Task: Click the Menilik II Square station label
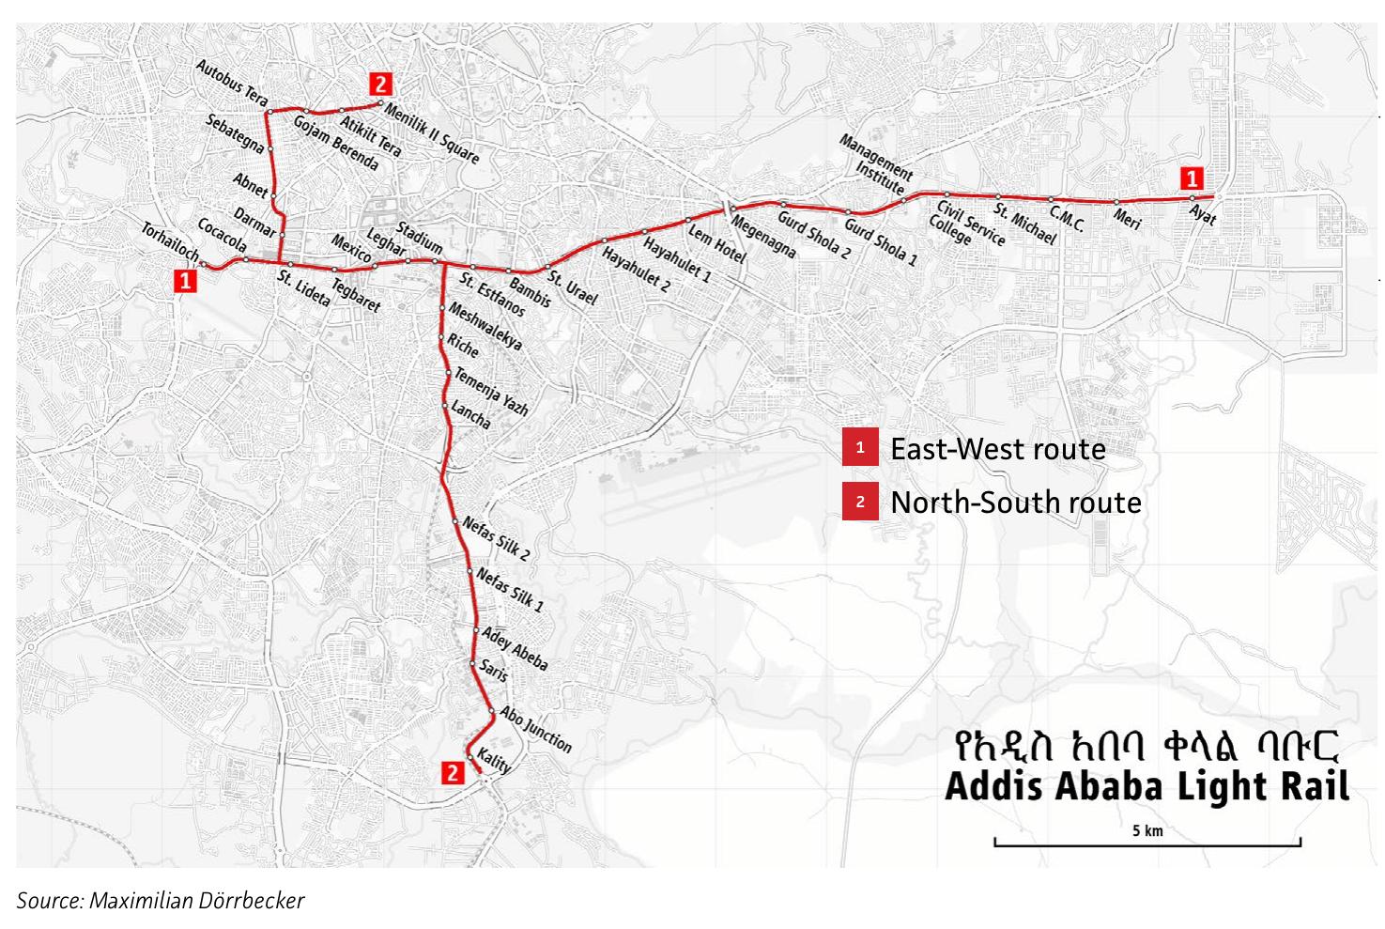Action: point(432,133)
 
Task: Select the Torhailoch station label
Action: point(170,242)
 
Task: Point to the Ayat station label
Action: point(1203,214)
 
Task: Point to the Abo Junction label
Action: point(535,729)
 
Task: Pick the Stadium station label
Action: point(419,237)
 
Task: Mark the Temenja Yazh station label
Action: point(491,392)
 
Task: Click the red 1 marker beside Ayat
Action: point(1191,178)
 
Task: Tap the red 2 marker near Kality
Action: point(453,772)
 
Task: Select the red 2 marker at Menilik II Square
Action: point(380,82)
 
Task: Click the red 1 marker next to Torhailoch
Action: point(186,280)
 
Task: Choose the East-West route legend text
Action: point(997,449)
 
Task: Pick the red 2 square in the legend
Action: point(859,503)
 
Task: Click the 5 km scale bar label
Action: point(1146,830)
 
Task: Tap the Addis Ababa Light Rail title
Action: point(1146,786)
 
